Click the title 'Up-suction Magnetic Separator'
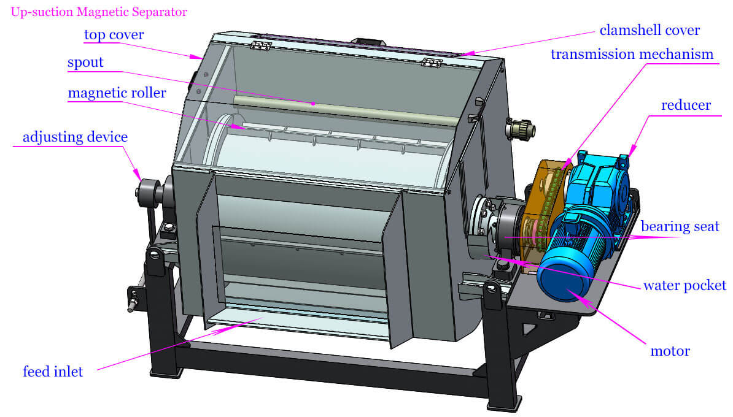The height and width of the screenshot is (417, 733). click(x=99, y=12)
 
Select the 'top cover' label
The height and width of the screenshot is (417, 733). click(x=114, y=35)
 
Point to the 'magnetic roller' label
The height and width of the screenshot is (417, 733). click(x=117, y=93)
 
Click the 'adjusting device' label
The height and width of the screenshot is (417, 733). click(x=75, y=137)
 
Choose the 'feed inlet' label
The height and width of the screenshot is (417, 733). click(x=53, y=371)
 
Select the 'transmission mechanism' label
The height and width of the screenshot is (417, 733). click(x=632, y=54)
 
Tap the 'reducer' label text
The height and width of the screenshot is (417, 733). click(x=686, y=105)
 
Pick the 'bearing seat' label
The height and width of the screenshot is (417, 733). click(x=680, y=226)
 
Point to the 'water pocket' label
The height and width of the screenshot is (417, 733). click(x=685, y=286)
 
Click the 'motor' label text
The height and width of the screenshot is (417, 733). click(x=670, y=351)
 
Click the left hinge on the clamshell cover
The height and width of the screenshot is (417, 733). click(x=262, y=47)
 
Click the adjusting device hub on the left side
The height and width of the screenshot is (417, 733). click(x=148, y=189)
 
